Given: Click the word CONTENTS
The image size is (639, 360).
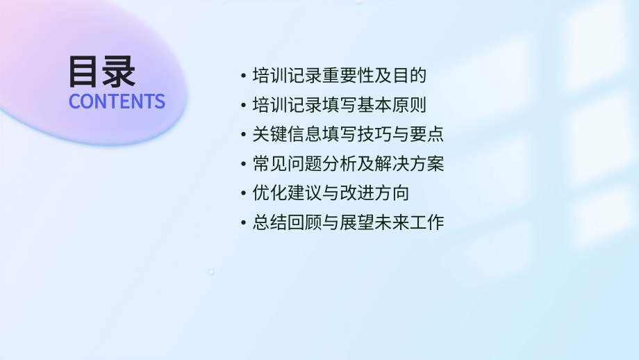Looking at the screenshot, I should (x=117, y=101).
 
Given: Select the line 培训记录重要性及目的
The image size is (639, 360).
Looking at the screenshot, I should (x=339, y=76).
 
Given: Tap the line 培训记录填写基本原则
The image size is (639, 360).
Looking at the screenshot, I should (x=339, y=106).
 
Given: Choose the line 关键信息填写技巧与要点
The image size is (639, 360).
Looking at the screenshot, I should (x=348, y=135).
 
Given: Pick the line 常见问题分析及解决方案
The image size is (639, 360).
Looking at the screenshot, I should (x=348, y=165).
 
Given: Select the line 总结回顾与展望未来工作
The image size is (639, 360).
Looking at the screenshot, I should (x=348, y=223).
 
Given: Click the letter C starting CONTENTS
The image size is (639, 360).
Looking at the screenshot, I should (x=74, y=101).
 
